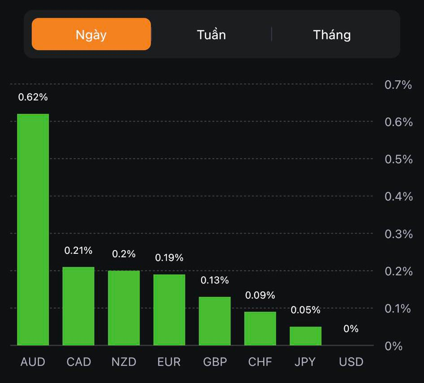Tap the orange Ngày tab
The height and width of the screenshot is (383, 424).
(x=91, y=34)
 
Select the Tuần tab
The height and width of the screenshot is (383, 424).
(x=211, y=35)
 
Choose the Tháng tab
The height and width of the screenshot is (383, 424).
(x=332, y=35)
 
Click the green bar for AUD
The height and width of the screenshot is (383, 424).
(x=33, y=229)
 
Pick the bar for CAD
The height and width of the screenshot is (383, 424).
(x=78, y=306)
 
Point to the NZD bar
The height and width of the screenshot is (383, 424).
(x=124, y=308)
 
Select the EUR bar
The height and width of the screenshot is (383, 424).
(x=169, y=309)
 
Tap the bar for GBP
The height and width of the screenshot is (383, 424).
(x=215, y=321)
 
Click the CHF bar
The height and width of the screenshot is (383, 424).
(x=260, y=328)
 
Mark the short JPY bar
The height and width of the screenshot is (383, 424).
(x=306, y=336)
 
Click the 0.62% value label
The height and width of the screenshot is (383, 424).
(x=33, y=97)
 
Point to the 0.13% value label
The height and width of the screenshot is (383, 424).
(x=215, y=280)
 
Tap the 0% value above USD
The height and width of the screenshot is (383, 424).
(x=351, y=329)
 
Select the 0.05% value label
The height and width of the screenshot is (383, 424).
(x=306, y=310)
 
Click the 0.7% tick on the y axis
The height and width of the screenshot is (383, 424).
(x=398, y=84)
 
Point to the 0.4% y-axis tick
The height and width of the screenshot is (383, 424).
(x=398, y=196)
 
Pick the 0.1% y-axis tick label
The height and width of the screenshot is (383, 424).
(x=398, y=309)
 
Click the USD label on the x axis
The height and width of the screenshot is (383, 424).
(x=351, y=362)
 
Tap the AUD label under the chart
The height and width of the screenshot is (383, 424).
(x=33, y=362)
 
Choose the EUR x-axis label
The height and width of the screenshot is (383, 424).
(x=169, y=362)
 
